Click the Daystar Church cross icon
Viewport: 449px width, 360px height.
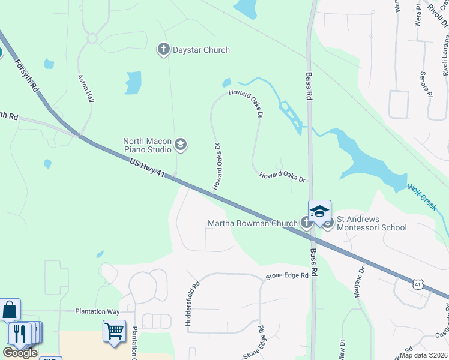[164, 50]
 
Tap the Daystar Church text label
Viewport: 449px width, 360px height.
[201, 50]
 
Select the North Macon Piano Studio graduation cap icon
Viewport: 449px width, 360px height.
[181, 144]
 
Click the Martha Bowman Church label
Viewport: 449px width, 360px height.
[252, 224]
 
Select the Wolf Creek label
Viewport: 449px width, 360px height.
[422, 196]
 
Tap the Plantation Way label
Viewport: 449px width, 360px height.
[97, 311]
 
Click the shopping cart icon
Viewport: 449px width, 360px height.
[114, 331]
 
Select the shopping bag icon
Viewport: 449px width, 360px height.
[10, 310]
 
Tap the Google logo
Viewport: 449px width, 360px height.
[20, 353]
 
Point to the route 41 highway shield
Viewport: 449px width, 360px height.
[418, 283]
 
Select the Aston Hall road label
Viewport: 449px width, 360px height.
[86, 88]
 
